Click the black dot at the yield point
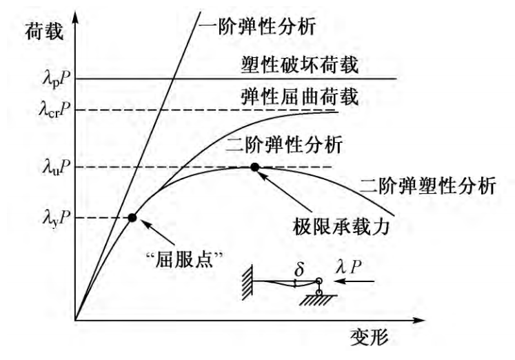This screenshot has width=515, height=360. point(132,218)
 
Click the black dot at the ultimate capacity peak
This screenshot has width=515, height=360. point(254,167)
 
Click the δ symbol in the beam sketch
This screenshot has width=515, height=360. point(299,268)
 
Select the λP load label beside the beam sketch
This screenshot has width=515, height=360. point(350,266)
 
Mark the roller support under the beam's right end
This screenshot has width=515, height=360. point(319,292)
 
